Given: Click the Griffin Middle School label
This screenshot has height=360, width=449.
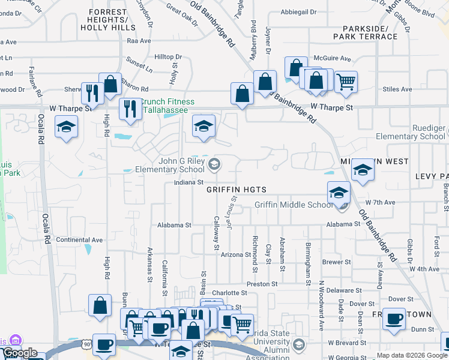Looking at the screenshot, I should pos(293,205).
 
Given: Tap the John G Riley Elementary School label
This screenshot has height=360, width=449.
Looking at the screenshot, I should pos(187,165).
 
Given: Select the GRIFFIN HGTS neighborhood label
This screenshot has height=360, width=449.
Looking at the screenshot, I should pos(236,190).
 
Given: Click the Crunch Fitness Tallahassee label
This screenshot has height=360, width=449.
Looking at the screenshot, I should pos(165,106).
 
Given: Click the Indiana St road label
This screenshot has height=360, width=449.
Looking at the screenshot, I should pos(189,182).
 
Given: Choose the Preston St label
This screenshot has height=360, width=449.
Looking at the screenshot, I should pos(262,284).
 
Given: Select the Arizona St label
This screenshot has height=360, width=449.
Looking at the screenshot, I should pos(235,255).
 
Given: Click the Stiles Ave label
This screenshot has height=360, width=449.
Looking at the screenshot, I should pos(397,89).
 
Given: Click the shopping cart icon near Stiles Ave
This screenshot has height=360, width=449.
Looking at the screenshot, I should pos(346,81).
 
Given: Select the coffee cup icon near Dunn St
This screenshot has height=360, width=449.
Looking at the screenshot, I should pos(394,319).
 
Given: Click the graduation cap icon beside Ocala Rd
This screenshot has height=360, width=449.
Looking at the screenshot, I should pos(66,127).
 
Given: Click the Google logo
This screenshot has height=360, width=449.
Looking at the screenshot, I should pos(19,353).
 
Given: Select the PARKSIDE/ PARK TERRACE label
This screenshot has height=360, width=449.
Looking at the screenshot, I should pos(370,32).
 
